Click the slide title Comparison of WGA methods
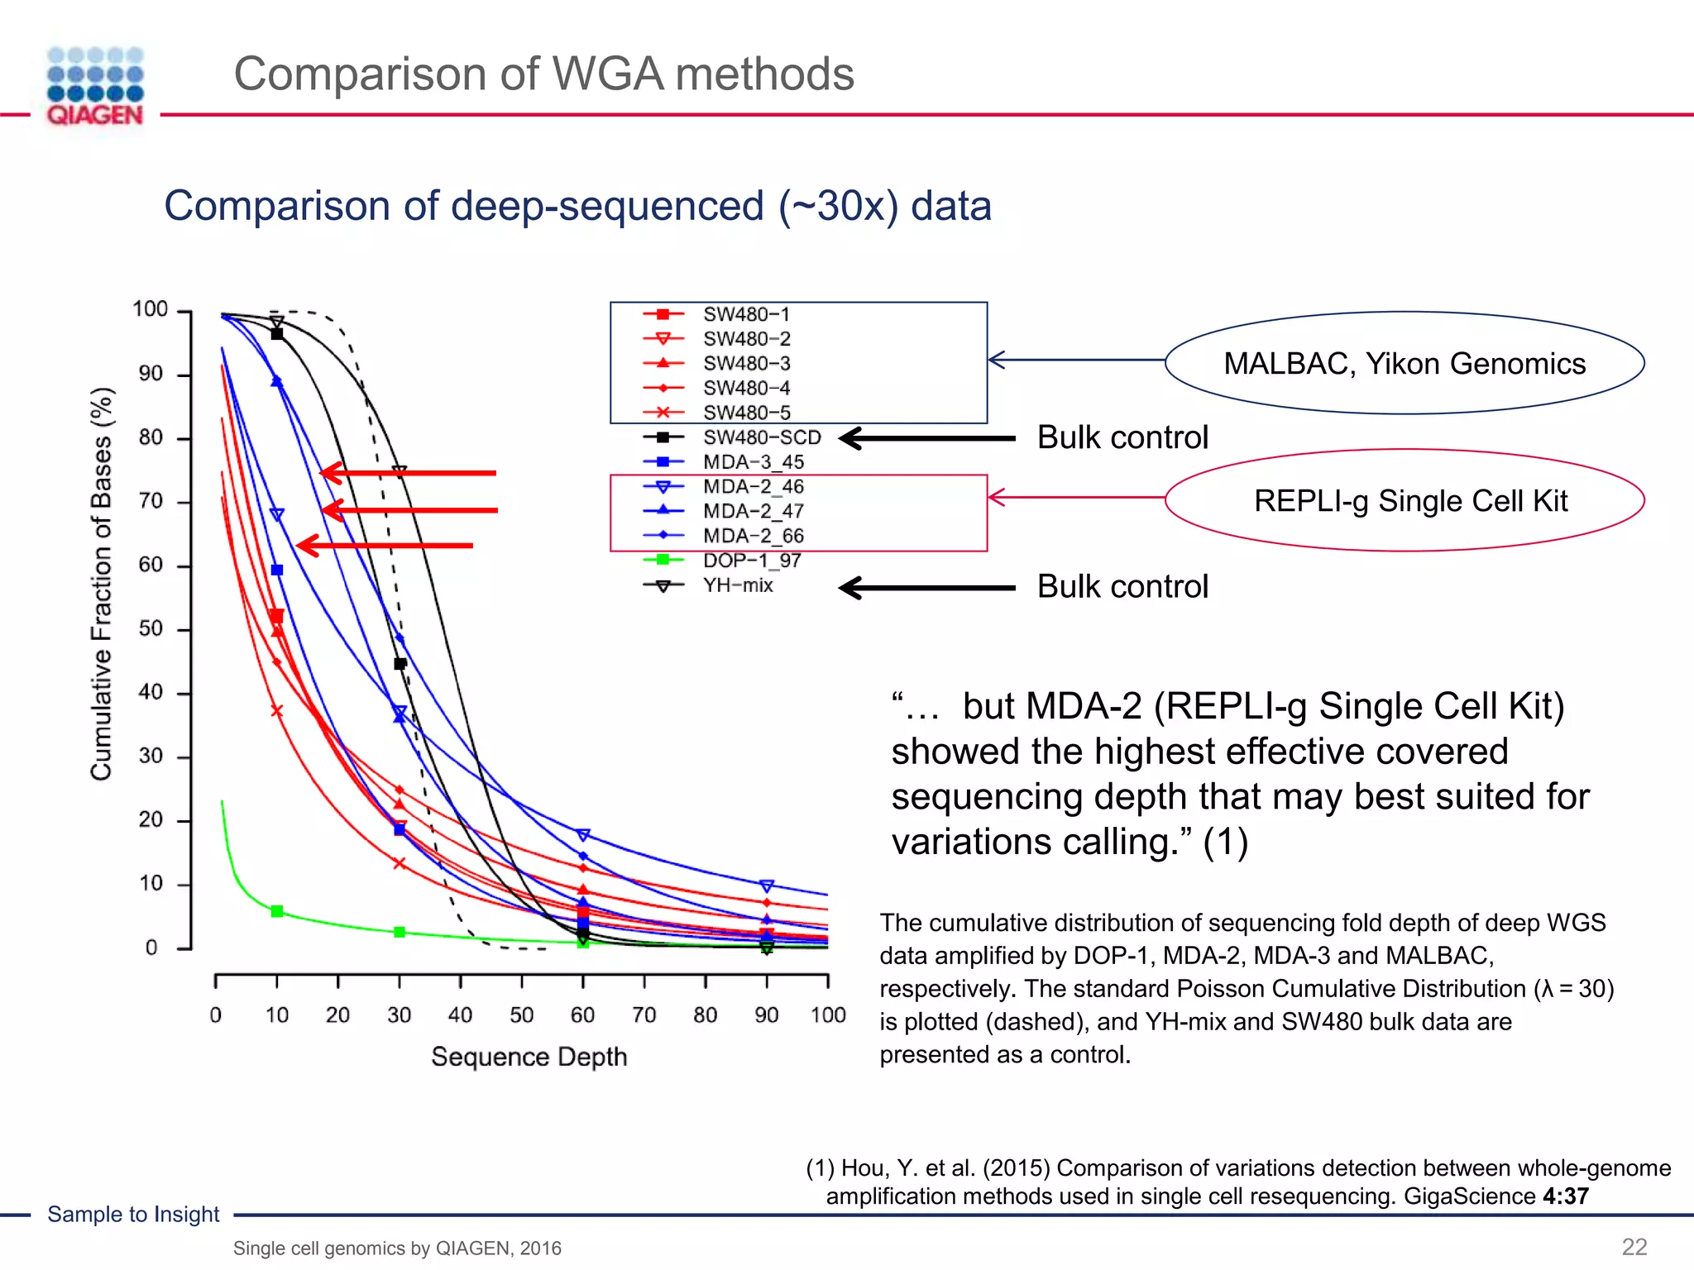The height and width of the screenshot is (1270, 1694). coord(543,74)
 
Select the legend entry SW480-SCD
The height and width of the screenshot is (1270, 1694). coord(761,437)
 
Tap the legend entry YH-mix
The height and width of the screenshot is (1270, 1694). coord(737,585)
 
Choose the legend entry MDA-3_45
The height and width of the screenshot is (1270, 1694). coord(753,462)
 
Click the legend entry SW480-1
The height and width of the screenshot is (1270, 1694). coord(746,314)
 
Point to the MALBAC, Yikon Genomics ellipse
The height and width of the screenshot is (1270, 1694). coord(1404,363)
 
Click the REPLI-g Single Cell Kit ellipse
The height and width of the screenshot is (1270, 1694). coord(1404,500)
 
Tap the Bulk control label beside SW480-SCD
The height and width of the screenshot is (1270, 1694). coord(1122,437)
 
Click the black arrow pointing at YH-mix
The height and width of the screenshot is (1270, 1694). coord(927,588)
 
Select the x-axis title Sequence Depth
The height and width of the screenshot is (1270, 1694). coord(529,1057)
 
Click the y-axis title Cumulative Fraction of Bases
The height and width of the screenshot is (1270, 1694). coord(101,583)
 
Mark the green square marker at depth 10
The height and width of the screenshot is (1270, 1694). coord(277,911)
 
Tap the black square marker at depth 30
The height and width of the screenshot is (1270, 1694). coord(400,664)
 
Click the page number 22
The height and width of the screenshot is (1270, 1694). coord(1634,1247)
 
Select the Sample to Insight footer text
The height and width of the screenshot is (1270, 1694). coord(133,1214)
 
